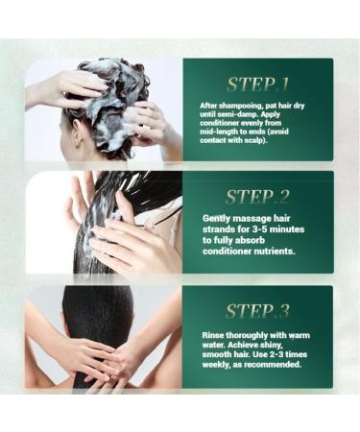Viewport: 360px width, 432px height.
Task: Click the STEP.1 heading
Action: (258, 84)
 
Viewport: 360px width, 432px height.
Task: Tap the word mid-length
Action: (227, 132)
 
